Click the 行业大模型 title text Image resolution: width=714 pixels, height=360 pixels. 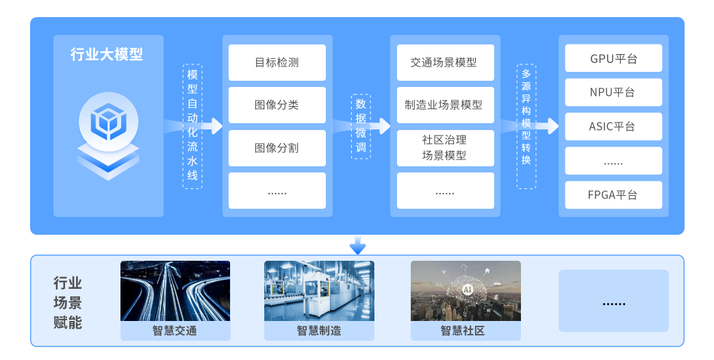[107, 55]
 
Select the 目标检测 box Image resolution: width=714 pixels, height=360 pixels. [277, 62]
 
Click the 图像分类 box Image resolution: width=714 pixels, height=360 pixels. [277, 105]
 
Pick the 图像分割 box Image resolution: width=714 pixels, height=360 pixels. [277, 147]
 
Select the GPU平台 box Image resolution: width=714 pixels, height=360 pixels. [613, 58]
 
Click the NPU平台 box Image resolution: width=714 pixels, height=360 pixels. [613, 92]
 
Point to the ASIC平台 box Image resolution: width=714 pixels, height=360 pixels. [613, 127]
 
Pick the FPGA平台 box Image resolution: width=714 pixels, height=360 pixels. [613, 194]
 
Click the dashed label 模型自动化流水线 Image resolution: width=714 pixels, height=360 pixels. [192, 127]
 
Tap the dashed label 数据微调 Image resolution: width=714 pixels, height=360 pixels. [361, 127]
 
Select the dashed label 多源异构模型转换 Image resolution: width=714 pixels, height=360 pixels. [526, 127]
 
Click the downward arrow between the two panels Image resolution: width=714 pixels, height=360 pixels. [357, 244]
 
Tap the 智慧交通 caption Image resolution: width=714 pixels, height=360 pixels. [175, 331]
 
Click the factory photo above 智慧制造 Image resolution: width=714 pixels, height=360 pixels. [319, 291]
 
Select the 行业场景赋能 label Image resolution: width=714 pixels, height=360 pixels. [68, 303]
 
